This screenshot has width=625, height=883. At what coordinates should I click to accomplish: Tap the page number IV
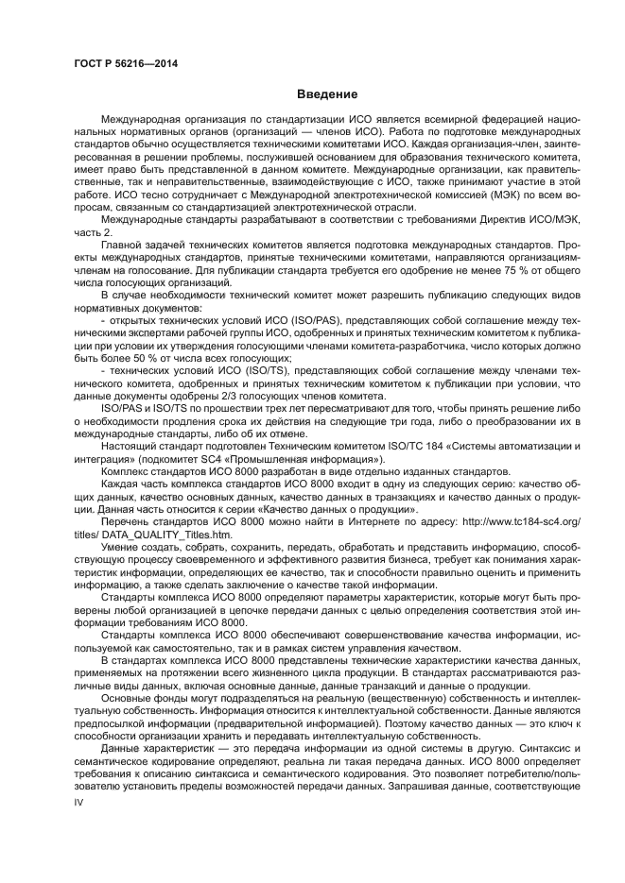pyautogui.click(x=79, y=800)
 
